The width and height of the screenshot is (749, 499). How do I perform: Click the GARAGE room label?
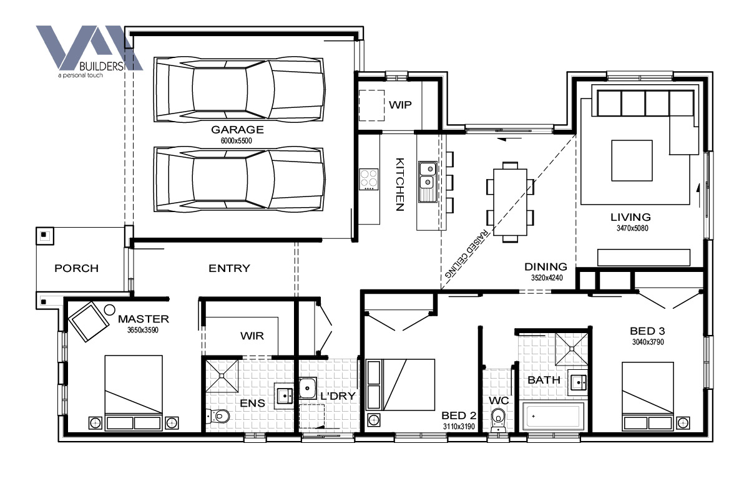[x=237, y=129]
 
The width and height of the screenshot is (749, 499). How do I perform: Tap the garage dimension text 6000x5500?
[x=237, y=141]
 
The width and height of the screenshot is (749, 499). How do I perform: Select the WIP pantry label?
[x=400, y=105]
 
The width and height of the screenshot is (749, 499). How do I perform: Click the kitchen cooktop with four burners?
[x=369, y=179]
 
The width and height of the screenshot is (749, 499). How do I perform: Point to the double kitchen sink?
[x=428, y=182]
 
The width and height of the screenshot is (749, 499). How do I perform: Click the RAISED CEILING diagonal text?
[x=467, y=253]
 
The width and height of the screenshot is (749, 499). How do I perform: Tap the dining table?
[x=511, y=202]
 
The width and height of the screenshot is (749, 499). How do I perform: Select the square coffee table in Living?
[x=632, y=160]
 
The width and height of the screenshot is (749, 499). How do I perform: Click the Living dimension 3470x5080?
[x=632, y=228]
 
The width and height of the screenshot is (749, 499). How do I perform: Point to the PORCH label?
[x=77, y=268]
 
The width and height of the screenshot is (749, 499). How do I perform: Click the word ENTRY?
[x=230, y=268]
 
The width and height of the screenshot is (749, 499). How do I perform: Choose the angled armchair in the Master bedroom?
[x=89, y=321]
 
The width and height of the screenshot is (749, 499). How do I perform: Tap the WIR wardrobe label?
[x=252, y=336]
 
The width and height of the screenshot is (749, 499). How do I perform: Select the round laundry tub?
[x=307, y=388]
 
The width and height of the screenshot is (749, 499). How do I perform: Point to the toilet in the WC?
[x=498, y=419]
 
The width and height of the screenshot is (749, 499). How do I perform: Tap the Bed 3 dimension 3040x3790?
[x=648, y=342]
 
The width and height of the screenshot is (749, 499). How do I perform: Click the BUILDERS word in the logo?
[x=102, y=66]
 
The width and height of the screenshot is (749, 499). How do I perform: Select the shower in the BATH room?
[x=572, y=349]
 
